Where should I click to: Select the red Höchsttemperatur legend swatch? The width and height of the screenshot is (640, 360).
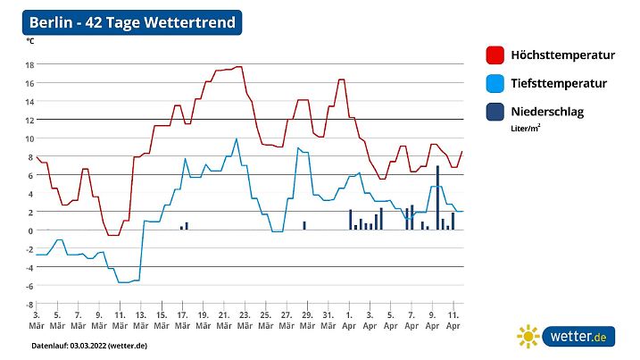coord(495,55)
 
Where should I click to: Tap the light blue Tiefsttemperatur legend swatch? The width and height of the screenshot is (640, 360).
coord(495,84)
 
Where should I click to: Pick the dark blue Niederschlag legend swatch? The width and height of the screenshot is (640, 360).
coord(495,113)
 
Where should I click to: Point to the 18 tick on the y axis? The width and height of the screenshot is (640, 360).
coord(29,64)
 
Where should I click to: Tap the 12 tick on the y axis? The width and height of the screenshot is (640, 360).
coord(29,120)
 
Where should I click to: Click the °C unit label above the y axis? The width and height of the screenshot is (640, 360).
coord(30,41)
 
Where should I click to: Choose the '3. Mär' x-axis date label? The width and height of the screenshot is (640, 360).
coord(36,320)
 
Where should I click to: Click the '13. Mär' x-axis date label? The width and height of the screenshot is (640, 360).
coord(140,320)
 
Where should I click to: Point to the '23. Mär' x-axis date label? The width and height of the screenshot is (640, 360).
coord(245,320)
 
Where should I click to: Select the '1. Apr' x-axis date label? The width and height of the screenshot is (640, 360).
coord(349,320)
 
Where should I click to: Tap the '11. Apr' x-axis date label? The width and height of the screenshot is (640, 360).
coord(453,320)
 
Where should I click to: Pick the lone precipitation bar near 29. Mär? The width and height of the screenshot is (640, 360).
coord(304,225)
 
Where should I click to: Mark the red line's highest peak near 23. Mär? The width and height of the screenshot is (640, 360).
coord(238,67)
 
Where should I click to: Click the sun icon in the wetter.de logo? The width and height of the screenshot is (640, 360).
coord(528,336)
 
